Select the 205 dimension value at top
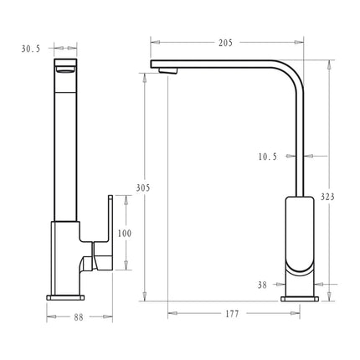tap(224, 42)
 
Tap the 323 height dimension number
tap(328, 197)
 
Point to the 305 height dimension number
tap(143, 188)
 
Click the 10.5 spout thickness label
tap(269, 156)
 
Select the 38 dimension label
tap(262, 285)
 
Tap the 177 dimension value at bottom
tap(232, 315)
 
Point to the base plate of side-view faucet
tap(300, 296)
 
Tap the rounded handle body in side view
tap(300, 234)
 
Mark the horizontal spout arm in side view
tap(218, 65)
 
